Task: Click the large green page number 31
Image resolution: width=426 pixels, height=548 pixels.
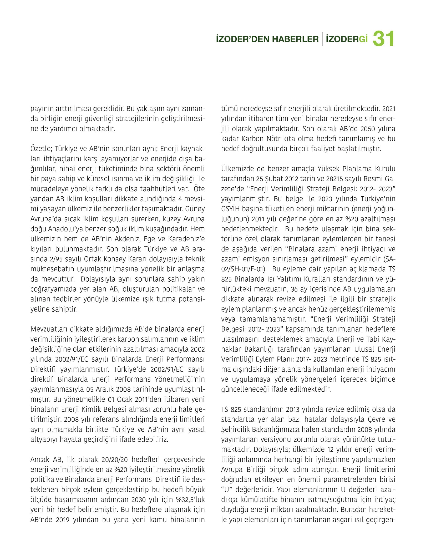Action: click(x=384, y=39)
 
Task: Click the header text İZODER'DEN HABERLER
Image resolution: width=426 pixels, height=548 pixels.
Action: click(x=267, y=39)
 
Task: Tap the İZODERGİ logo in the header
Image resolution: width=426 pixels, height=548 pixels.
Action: click(x=347, y=39)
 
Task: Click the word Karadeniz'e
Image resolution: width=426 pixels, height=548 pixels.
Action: click(x=189, y=239)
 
